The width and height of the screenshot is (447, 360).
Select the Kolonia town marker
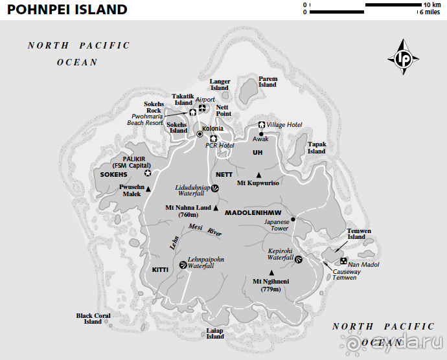pos(200,133)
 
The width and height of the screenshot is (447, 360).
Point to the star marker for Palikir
pos(148,173)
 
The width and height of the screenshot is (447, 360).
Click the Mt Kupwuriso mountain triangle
pos(258,175)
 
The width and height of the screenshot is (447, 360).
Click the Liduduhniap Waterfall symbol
pos(215,188)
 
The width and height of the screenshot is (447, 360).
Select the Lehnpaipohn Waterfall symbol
pos(183,264)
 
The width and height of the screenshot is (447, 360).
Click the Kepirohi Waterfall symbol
pos(299,260)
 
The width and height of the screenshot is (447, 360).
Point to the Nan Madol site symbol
pos(343,260)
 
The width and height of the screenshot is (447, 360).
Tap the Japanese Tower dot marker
pos(293,219)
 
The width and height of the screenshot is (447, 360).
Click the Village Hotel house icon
pos(262,124)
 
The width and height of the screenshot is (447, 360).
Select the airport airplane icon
pos(202,108)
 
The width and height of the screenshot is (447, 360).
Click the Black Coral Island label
pos(93,319)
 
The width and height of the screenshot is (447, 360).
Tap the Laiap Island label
pos(215,333)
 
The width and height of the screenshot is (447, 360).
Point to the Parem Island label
pos(268,81)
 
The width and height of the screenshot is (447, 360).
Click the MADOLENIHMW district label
pos(253,212)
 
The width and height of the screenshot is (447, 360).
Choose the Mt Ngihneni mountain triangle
pos(271,273)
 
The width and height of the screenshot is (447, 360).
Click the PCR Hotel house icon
pos(213,138)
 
